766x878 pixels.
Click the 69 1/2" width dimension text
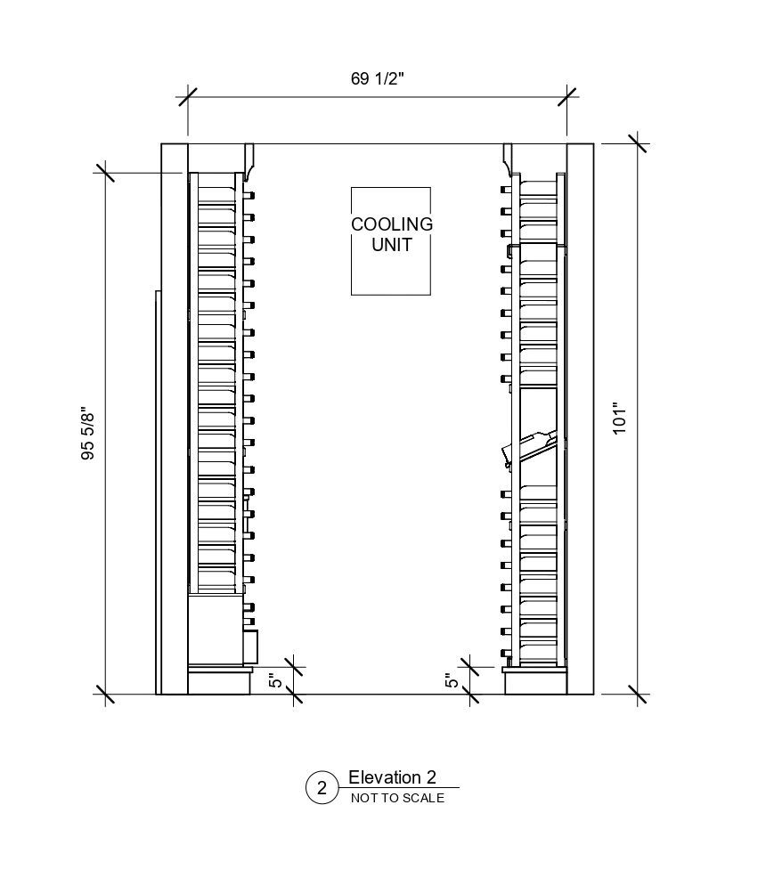pyautogui.click(x=378, y=78)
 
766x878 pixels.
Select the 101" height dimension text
pyautogui.click(x=621, y=418)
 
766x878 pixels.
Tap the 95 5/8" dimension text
pyautogui.click(x=87, y=434)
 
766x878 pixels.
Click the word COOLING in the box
pyautogui.click(x=391, y=224)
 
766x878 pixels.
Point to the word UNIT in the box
pyautogui.click(x=391, y=244)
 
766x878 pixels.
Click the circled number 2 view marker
pyautogui.click(x=322, y=788)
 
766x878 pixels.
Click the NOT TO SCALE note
pyautogui.click(x=397, y=798)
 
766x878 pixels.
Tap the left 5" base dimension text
pyautogui.click(x=276, y=681)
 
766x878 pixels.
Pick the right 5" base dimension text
pyautogui.click(x=452, y=681)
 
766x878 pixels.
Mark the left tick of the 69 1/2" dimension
pyautogui.click(x=187, y=97)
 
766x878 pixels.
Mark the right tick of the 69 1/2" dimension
pyautogui.click(x=566, y=97)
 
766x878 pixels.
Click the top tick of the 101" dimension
pyautogui.click(x=638, y=143)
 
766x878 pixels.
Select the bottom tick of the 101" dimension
pyautogui.click(x=638, y=694)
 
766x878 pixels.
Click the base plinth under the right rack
pyautogui.click(x=535, y=681)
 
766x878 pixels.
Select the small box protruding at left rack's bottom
pyautogui.click(x=250, y=643)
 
